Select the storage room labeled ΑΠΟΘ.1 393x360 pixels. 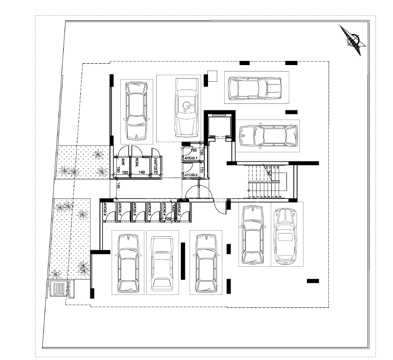pyautogui.click(x=191, y=159)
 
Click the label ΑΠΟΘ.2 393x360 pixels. pyautogui.click(x=191, y=175)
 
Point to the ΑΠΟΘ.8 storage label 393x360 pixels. pyautogui.click(x=105, y=210)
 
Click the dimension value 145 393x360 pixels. pyautogui.click(x=119, y=186)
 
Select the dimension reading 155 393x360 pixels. pyautogui.click(x=194, y=150)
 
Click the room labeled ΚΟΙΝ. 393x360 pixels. pyautogui.click(x=137, y=162)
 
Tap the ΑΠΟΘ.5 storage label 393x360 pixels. pyautogui.click(x=150, y=210)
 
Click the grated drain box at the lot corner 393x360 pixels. pyautogui.click(x=59, y=289)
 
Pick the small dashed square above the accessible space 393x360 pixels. pyautogui.click(x=212, y=76)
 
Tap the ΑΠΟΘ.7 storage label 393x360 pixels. pyautogui.click(x=120, y=210)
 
